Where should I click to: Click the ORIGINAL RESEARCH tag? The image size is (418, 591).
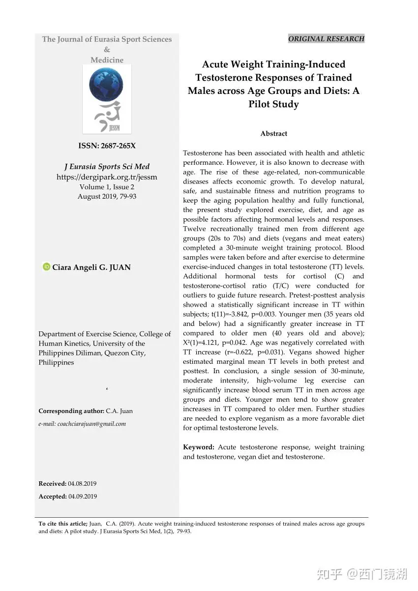point(326,39)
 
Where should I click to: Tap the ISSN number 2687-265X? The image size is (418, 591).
point(118,146)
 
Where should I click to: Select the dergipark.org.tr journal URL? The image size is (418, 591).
point(107,177)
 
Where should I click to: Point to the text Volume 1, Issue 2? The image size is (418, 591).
point(107,187)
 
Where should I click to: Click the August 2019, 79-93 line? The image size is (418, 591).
point(107,196)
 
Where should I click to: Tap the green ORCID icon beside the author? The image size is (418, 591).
point(46,267)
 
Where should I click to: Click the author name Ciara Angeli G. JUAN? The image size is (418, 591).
point(91,267)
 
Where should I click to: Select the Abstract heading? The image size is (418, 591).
point(273,134)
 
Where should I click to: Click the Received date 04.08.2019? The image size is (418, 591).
point(82,484)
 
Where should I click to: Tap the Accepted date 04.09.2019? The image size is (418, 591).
point(83,497)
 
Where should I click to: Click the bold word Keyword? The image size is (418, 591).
point(199,447)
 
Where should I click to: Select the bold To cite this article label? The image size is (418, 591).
point(63,524)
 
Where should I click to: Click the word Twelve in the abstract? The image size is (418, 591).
point(194,229)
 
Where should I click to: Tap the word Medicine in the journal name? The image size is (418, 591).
point(107,60)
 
